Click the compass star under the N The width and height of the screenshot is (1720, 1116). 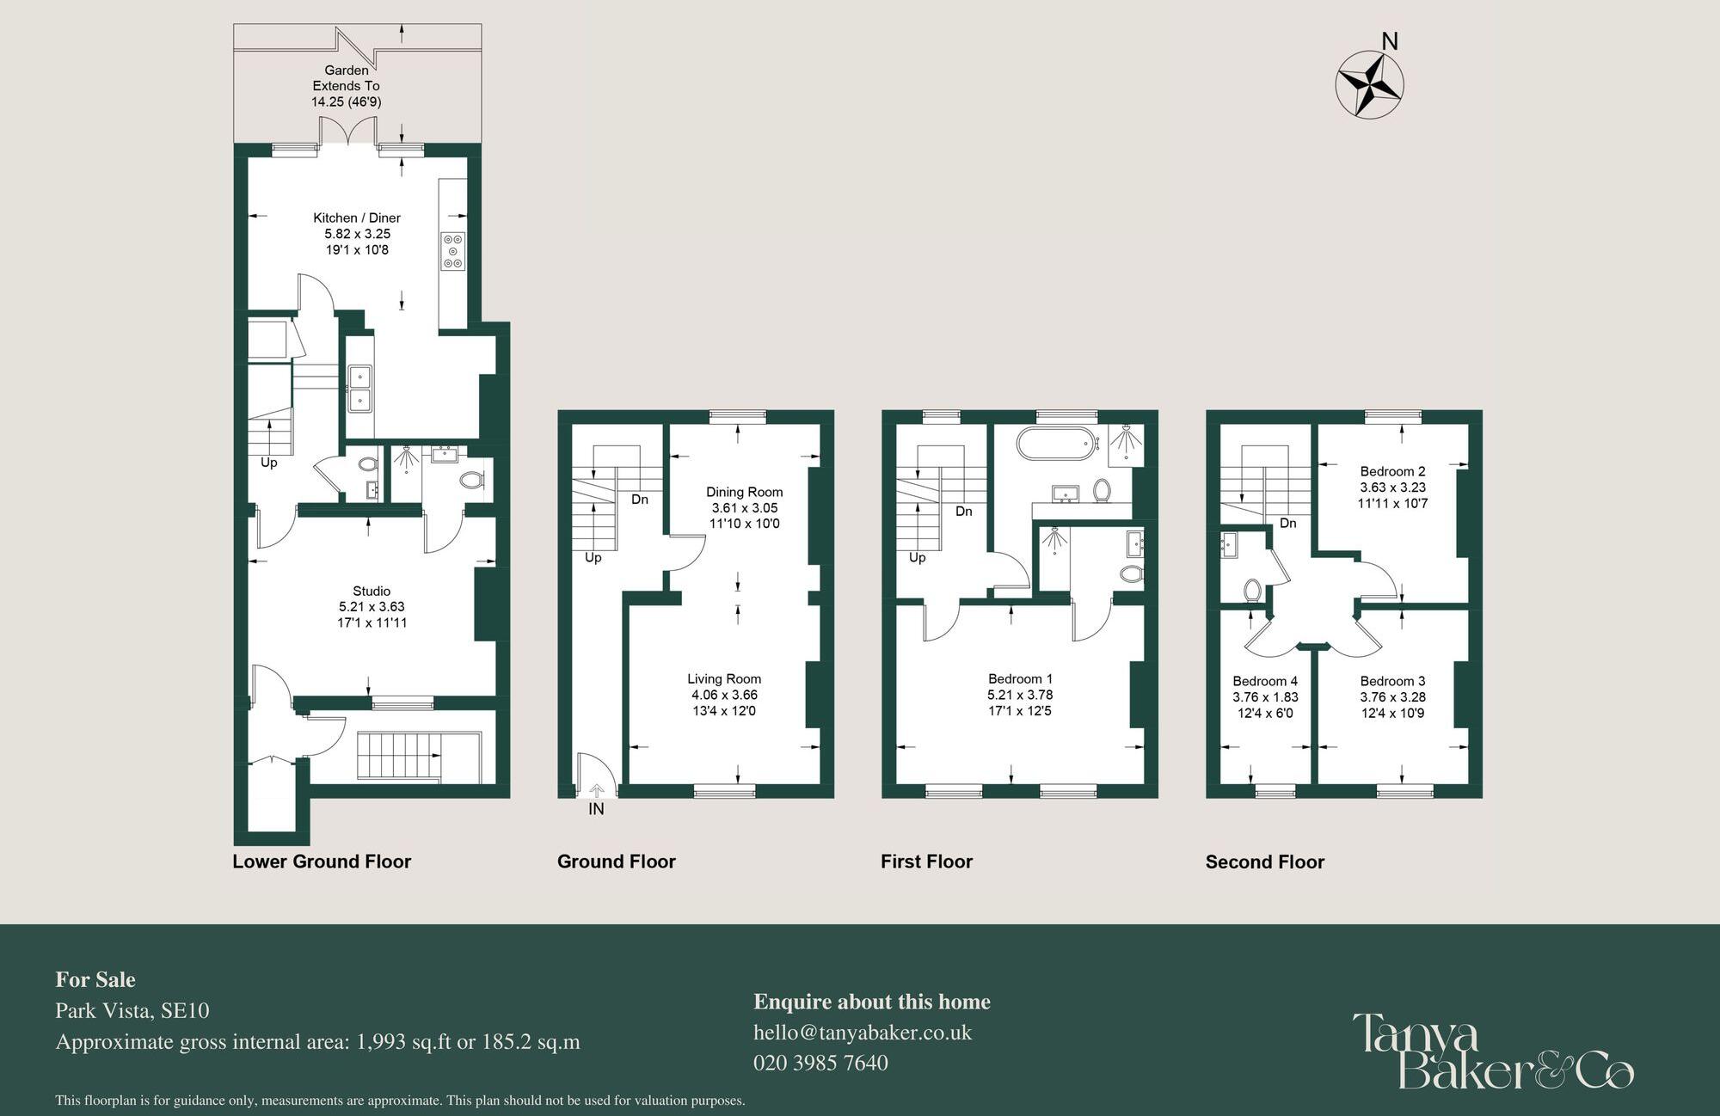pyautogui.click(x=1369, y=84)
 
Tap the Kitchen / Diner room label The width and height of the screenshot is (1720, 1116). pyautogui.click(x=357, y=218)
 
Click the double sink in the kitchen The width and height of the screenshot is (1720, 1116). pyautogui.click(x=360, y=389)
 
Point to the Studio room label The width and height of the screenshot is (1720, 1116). pyautogui.click(x=372, y=592)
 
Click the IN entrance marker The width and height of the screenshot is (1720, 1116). pyautogui.click(x=596, y=809)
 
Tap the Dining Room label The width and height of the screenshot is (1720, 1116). pyautogui.click(x=744, y=493)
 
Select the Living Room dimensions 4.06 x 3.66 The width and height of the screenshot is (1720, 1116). pyautogui.click(x=724, y=695)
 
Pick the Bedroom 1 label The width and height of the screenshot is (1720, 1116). pyautogui.click(x=1020, y=679)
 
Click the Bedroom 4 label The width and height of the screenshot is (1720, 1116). pyautogui.click(x=1264, y=681)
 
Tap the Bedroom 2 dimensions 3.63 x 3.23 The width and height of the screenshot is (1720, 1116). pyautogui.click(x=1392, y=487)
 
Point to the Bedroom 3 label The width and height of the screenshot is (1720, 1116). pyautogui.click(x=1392, y=681)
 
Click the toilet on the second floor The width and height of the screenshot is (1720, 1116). pyautogui.click(x=1252, y=591)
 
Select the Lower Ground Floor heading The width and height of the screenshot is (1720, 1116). pyautogui.click(x=322, y=862)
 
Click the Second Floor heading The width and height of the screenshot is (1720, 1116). pyautogui.click(x=1264, y=862)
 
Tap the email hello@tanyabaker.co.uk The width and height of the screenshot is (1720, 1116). pyautogui.click(x=862, y=1033)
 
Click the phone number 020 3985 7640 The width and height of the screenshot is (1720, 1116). pyautogui.click(x=820, y=1064)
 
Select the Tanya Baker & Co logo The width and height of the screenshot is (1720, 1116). pyautogui.click(x=1492, y=1052)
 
